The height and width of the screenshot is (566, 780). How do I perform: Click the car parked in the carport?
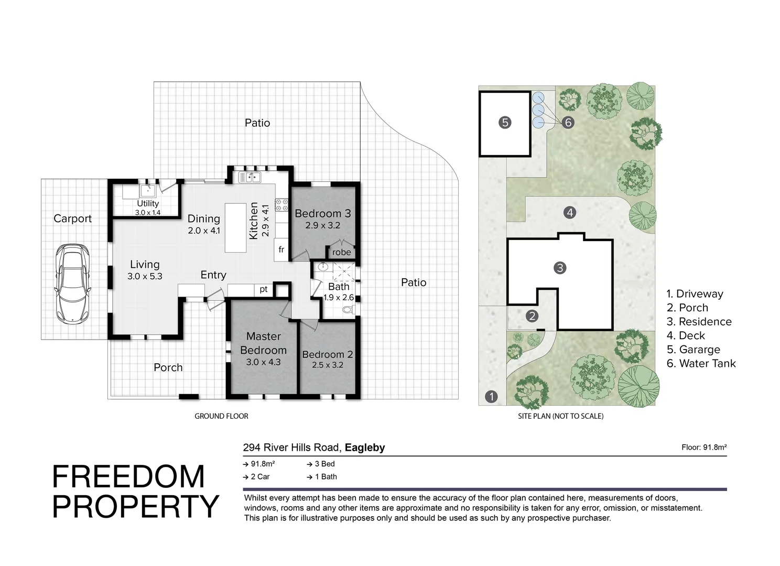point(72,283)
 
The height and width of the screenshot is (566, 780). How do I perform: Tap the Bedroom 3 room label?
point(322,213)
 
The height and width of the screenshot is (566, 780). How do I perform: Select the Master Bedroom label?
point(263,343)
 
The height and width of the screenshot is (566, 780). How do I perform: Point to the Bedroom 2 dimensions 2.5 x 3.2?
point(327,365)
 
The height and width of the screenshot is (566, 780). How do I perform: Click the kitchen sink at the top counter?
point(250,177)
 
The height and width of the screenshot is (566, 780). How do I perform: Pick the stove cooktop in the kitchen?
point(282,205)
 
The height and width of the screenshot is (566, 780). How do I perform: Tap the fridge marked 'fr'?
point(281,250)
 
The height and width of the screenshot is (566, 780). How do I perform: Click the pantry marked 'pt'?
point(264,289)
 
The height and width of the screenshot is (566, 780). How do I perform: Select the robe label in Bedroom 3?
point(341,252)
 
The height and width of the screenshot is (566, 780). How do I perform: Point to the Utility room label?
point(148,203)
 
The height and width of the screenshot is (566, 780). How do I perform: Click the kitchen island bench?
point(236,227)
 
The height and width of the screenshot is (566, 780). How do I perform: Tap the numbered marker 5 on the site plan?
point(505,123)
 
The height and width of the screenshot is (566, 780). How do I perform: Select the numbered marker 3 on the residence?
point(560,268)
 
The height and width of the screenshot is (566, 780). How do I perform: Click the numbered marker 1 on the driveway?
point(491,396)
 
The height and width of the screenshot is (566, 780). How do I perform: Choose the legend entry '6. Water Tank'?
point(701,363)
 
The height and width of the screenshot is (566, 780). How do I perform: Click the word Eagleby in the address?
point(365,448)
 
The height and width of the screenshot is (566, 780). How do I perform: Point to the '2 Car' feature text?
point(259,477)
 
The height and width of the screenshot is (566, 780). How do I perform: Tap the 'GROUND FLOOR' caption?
point(221,416)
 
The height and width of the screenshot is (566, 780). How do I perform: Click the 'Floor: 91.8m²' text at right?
point(703,448)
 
